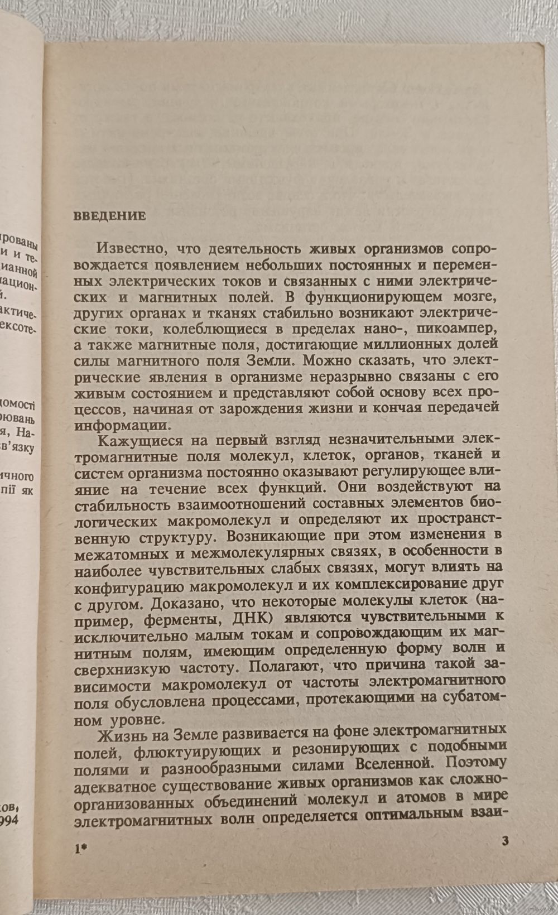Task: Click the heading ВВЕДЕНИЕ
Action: tap(109, 216)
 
